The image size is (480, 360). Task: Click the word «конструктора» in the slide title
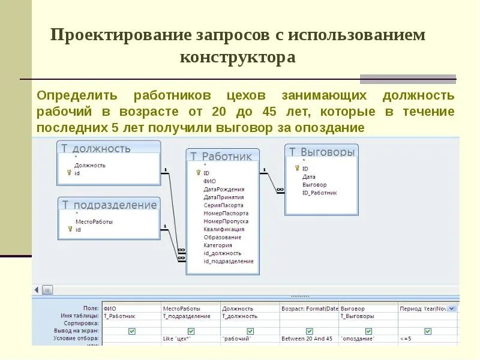238,57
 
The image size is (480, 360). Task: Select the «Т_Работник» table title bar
222,156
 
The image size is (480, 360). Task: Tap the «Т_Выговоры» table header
322,152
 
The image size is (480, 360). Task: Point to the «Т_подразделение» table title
109,205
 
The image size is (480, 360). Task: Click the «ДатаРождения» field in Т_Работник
223,189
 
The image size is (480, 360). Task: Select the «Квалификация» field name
224,229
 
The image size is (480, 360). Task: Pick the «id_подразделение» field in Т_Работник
228,261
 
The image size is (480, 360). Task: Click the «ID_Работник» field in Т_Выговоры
319,193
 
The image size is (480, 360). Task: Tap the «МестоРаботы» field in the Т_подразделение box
94,221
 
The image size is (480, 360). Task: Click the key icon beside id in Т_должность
69,173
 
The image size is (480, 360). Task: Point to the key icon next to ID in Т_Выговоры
297,169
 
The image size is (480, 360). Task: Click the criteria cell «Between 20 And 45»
307,338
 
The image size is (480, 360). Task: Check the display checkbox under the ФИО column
131,331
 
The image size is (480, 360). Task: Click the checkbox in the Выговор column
368,331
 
